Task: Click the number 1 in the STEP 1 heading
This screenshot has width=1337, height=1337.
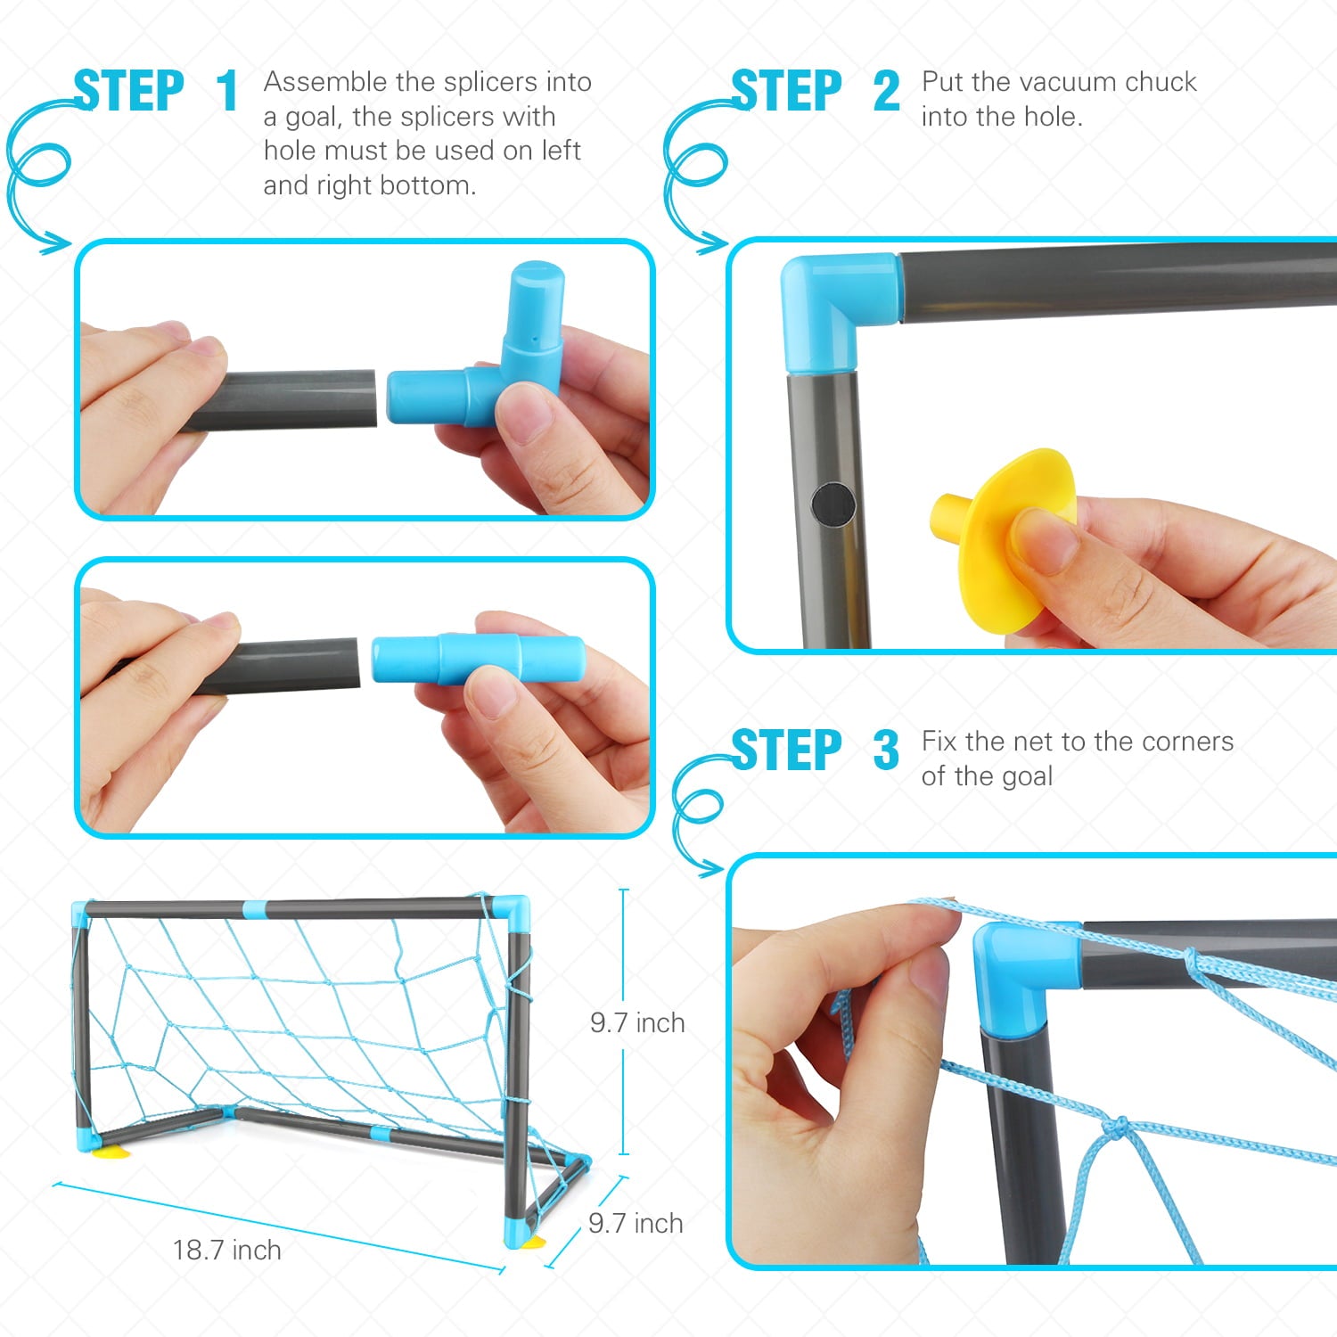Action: click(227, 91)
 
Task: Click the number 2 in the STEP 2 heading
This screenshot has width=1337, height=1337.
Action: click(886, 91)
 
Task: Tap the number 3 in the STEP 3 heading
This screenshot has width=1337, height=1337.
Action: click(886, 751)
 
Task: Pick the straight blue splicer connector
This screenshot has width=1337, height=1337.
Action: click(478, 660)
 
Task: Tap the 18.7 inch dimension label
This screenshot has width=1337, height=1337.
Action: click(226, 1250)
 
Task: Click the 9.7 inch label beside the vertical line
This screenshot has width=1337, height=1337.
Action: click(637, 1022)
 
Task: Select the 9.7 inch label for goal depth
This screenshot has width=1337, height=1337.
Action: click(636, 1223)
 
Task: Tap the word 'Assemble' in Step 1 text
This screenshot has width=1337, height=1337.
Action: click(325, 82)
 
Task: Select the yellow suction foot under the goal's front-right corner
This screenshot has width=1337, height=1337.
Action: click(534, 1242)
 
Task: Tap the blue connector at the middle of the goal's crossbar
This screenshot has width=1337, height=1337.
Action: click(254, 909)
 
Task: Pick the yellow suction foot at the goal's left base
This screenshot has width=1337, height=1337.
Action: click(111, 1152)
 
